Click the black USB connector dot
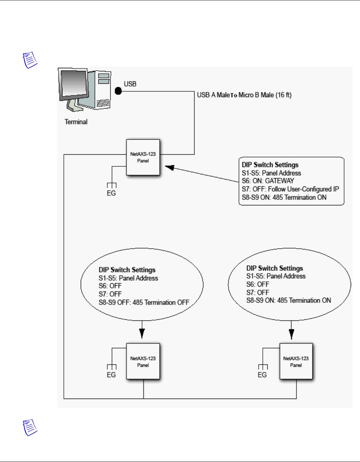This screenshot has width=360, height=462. [118, 91]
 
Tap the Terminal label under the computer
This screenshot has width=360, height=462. [76, 122]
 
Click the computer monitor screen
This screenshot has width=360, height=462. [74, 83]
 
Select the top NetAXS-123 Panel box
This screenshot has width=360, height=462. [143, 157]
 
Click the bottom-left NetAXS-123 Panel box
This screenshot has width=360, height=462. [143, 361]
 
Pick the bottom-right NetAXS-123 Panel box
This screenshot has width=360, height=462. [296, 361]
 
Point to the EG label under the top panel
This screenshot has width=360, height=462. [111, 193]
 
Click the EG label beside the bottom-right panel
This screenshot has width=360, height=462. [262, 375]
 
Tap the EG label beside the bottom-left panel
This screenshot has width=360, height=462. [111, 375]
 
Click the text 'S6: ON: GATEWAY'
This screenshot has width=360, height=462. [268, 181]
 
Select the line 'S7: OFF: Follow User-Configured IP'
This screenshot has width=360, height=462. [290, 189]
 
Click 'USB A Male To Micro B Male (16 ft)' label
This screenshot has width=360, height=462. [244, 95]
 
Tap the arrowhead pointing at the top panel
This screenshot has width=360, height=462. [170, 167]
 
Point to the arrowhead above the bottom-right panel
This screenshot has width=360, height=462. [291, 334]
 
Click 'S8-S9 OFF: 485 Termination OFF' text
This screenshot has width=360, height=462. [144, 302]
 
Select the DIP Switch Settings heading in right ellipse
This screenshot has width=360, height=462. [275, 268]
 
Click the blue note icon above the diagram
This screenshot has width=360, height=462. [30, 60]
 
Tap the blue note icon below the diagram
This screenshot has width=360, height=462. [30, 428]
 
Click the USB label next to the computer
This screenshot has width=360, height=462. [130, 84]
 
